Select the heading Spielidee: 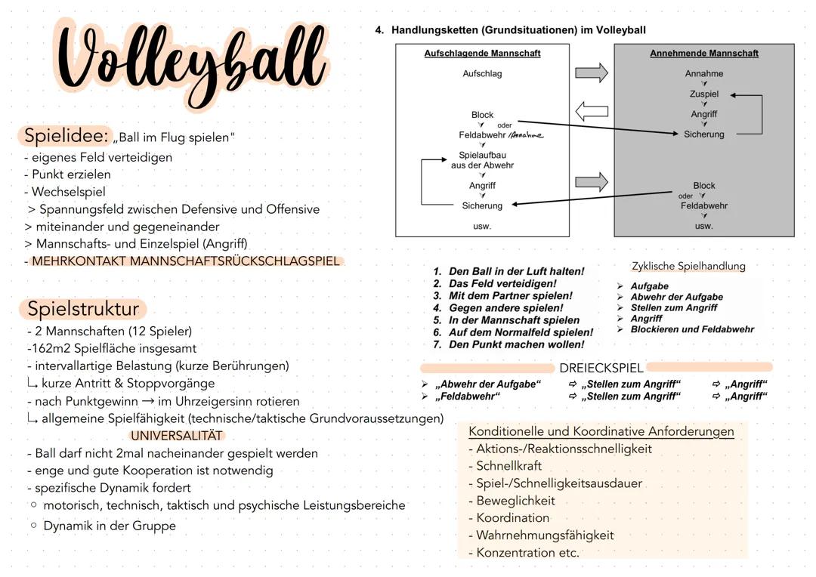click(66, 136)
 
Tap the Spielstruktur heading click(83, 309)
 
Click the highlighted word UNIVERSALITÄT click(177, 436)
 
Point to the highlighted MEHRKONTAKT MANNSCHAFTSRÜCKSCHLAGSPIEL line click(186, 261)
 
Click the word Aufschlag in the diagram click(482, 74)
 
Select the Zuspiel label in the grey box click(703, 94)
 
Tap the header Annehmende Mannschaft click(703, 54)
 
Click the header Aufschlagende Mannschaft click(482, 54)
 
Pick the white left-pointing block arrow click(592, 112)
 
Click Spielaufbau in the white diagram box click(482, 155)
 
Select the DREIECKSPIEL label click(601, 369)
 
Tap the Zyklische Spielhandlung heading click(688, 266)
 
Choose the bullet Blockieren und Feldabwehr click(691, 329)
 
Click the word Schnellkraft click(508, 466)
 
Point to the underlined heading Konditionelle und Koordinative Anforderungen click(601, 431)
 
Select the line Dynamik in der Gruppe click(110, 526)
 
